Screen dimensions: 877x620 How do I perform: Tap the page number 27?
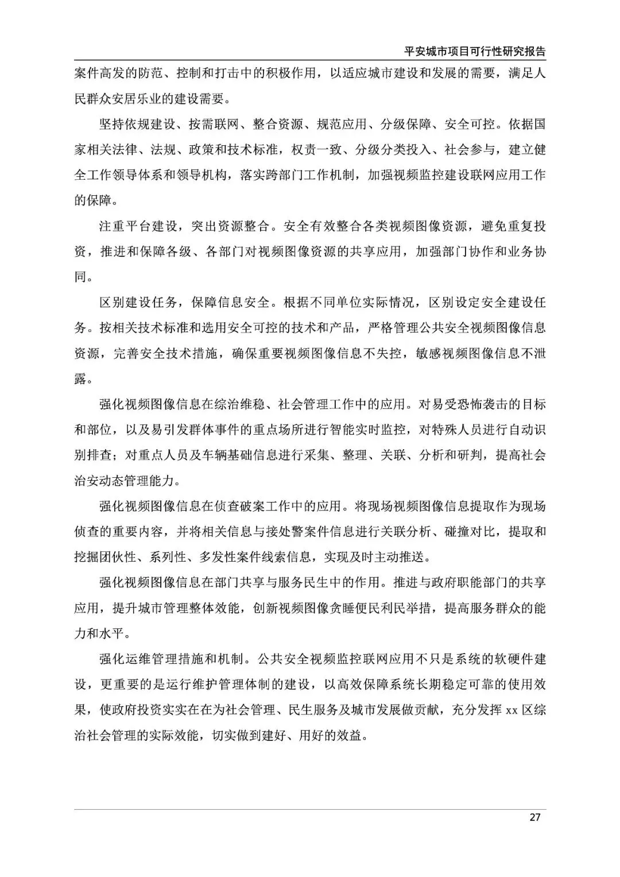pos(534,817)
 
